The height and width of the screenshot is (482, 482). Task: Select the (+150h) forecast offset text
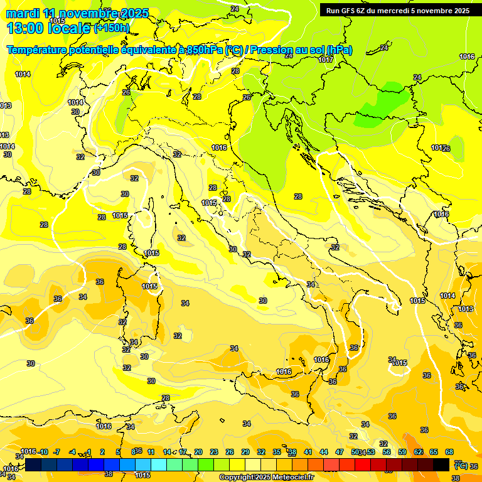112,28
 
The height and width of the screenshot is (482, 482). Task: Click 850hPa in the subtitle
205,50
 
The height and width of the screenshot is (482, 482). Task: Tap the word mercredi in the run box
399,11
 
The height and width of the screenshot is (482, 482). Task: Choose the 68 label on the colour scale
449,452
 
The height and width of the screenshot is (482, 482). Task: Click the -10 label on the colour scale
43,452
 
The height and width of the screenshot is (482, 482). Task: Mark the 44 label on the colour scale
324,452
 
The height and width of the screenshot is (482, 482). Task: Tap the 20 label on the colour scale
198,452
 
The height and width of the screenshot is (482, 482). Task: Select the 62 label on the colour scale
418,452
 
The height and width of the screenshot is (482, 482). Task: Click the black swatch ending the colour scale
441,464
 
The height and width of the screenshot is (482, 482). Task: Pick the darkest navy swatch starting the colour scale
34,464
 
